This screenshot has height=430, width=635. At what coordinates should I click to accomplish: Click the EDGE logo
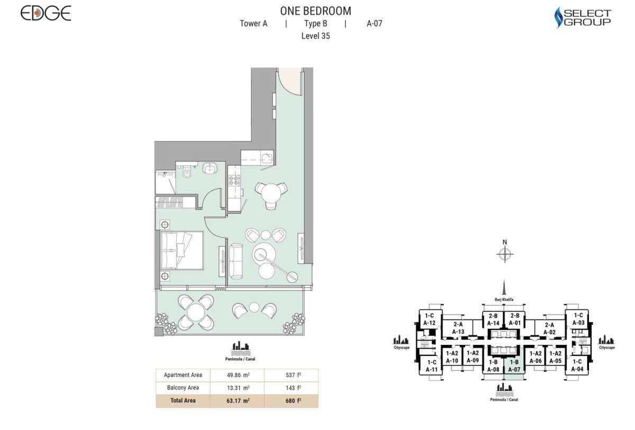pyautogui.click(x=46, y=13)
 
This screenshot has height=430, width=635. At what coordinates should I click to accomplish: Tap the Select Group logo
pyautogui.click(x=583, y=17)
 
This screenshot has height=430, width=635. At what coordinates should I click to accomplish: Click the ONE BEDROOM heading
pyautogui.click(x=315, y=11)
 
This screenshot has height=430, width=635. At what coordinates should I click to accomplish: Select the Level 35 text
pyautogui.click(x=315, y=36)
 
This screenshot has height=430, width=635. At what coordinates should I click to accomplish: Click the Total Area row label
pyautogui.click(x=183, y=401)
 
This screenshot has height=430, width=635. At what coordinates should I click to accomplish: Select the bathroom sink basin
pyautogui.click(x=210, y=168)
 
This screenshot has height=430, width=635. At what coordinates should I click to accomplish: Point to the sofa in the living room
pyautogui.click(x=237, y=261)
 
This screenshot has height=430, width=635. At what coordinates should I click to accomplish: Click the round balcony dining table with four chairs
pyautogui.click(x=196, y=312)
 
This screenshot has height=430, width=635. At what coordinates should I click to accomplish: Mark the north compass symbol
pyautogui.click(x=505, y=254)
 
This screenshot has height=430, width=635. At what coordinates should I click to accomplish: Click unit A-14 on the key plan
pyautogui.click(x=493, y=320)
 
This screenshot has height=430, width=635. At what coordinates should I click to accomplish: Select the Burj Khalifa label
pyautogui.click(x=505, y=299)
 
